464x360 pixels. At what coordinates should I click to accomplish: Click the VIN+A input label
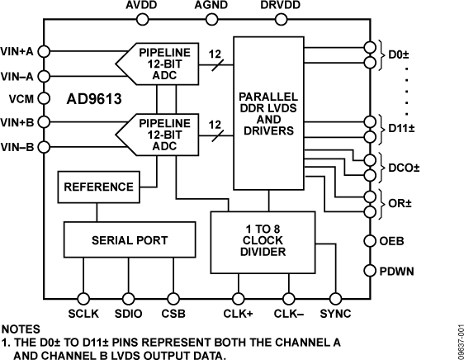tap(18, 51)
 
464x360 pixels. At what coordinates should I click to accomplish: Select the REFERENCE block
tap(97, 187)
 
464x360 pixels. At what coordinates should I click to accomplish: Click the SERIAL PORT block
tap(129, 239)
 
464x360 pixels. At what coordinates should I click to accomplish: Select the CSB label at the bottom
tap(173, 314)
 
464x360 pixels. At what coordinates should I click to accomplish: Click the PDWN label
tap(402, 270)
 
